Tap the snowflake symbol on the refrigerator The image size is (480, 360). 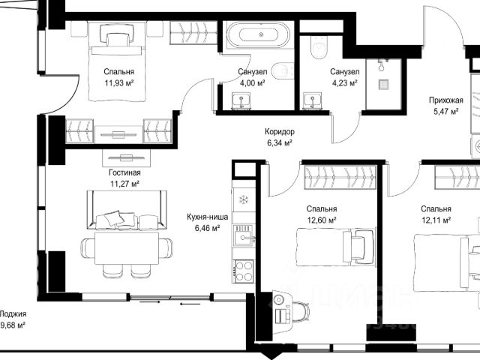[x=244, y=200]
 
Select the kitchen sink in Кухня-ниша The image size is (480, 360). [x=243, y=235]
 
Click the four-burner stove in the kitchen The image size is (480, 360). [x=244, y=271]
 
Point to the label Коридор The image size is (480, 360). [x=280, y=132]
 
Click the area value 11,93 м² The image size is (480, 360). [x=119, y=83]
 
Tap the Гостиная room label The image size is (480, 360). [x=125, y=172]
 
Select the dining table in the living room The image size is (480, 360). [x=127, y=248]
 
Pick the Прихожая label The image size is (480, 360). [x=445, y=100]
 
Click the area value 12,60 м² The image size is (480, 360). [x=322, y=220]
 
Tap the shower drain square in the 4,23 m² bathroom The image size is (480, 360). [x=384, y=84]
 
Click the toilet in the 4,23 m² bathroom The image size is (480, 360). [x=319, y=47]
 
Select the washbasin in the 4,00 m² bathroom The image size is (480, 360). [x=241, y=100]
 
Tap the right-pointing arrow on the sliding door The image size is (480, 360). [x=150, y=302]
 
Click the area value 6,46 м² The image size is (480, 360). [x=207, y=228]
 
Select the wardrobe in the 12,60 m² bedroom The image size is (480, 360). [x=340, y=178]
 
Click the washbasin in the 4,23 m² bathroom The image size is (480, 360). [x=313, y=100]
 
